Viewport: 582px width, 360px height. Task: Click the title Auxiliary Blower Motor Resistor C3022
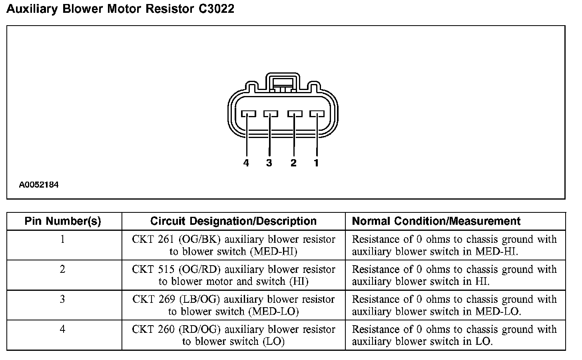[x=120, y=9]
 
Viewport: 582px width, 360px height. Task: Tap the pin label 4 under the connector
[x=246, y=163]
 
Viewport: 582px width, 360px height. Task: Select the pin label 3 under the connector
[x=269, y=163]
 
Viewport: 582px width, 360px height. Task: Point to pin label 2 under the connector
[x=293, y=163]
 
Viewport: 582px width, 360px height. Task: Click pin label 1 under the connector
[x=316, y=163]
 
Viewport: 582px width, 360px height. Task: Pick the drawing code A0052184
[x=39, y=185]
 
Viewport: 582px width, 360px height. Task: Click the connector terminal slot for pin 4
[x=248, y=114]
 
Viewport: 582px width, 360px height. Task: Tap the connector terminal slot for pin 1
[x=317, y=114]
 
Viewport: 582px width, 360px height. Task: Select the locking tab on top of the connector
[x=283, y=82]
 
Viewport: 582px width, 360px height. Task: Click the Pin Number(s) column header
[x=63, y=221]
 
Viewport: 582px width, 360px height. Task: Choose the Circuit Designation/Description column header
[x=233, y=221]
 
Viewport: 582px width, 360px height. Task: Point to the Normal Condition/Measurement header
[x=436, y=221]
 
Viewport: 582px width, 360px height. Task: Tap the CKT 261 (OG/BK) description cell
[x=233, y=245]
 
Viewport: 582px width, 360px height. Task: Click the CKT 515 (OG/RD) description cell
[x=233, y=275]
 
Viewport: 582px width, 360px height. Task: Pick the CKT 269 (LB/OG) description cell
[x=233, y=305]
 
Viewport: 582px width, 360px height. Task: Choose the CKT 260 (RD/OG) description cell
[x=233, y=335]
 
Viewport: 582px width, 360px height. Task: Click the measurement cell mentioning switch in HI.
[x=454, y=275]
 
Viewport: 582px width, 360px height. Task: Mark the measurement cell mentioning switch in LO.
[x=454, y=335]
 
